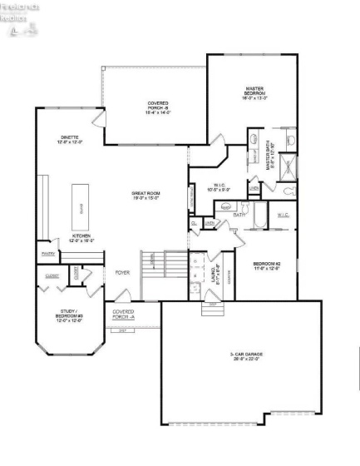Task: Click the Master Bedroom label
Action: (x=254, y=92)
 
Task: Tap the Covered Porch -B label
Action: (x=158, y=107)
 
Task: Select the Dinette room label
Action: (x=70, y=139)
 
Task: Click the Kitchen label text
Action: (x=81, y=237)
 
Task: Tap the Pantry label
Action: (x=47, y=254)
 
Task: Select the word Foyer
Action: (x=122, y=272)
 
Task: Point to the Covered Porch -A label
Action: (x=123, y=314)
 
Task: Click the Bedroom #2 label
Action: (x=266, y=266)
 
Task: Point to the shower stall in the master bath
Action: (x=288, y=167)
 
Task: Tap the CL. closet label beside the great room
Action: (x=194, y=223)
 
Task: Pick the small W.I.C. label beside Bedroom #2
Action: (x=283, y=215)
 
